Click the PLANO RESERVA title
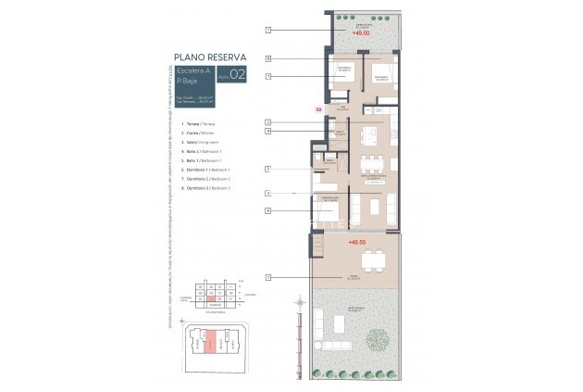tap(209, 57)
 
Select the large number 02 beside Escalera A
tap(237, 76)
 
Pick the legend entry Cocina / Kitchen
tap(196, 133)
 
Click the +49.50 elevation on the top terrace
tap(361, 32)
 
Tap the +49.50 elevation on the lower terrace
tap(358, 242)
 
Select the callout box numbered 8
tap(267, 59)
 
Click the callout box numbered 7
tap(267, 76)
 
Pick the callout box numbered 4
tap(267, 132)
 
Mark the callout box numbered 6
tap(267, 211)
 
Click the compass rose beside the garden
tap(300, 302)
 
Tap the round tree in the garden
tap(378, 339)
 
